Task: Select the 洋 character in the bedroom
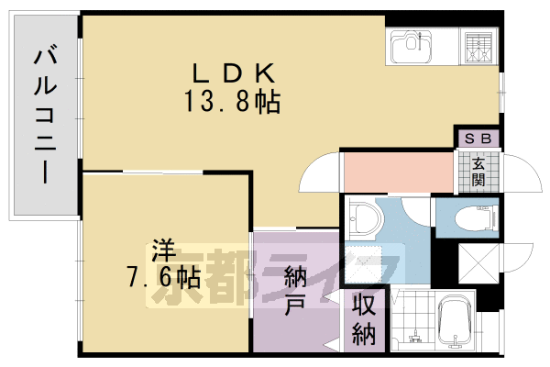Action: (162, 249)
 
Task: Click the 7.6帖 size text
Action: (164, 275)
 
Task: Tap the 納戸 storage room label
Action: (295, 289)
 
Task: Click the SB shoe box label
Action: (478, 139)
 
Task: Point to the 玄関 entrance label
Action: (478, 171)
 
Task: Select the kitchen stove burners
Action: (478, 47)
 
